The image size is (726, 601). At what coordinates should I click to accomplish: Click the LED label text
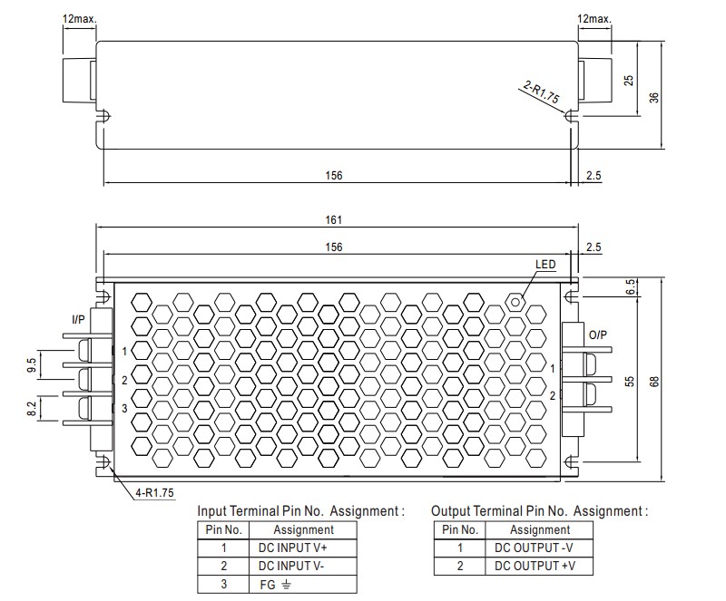click(544, 265)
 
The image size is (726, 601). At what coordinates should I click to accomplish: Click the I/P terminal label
click(80, 320)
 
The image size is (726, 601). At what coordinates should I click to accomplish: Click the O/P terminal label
click(598, 334)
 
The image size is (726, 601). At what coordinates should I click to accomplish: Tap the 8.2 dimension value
click(33, 410)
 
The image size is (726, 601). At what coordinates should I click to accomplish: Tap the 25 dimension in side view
click(628, 80)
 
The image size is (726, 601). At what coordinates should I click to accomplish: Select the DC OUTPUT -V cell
click(539, 548)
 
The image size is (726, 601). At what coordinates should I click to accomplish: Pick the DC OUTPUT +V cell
click(539, 566)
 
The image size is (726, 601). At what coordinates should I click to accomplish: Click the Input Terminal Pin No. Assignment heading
click(300, 511)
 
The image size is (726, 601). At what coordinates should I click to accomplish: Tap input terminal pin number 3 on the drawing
click(124, 409)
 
